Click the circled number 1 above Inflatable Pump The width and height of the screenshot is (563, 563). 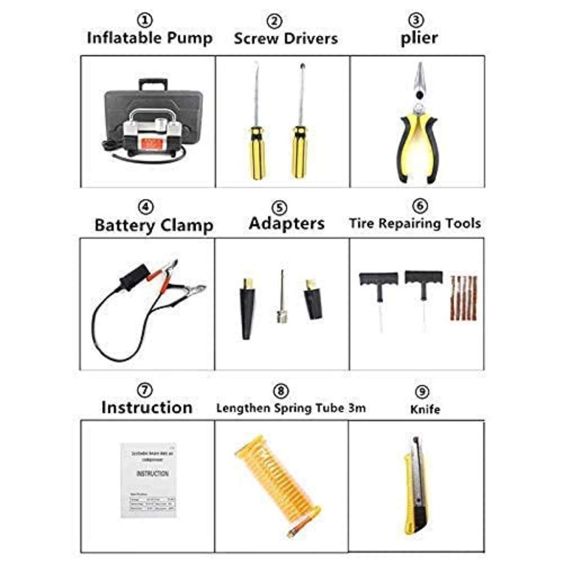(145, 21)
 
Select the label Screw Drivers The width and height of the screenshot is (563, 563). (285, 38)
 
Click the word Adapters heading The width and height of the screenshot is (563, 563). (286, 223)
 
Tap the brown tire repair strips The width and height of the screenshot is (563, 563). (463, 297)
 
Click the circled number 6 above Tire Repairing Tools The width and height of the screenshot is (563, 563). (419, 205)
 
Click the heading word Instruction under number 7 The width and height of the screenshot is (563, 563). (147, 407)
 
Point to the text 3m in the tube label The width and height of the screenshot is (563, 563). (357, 408)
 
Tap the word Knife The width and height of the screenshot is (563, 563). (424, 409)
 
